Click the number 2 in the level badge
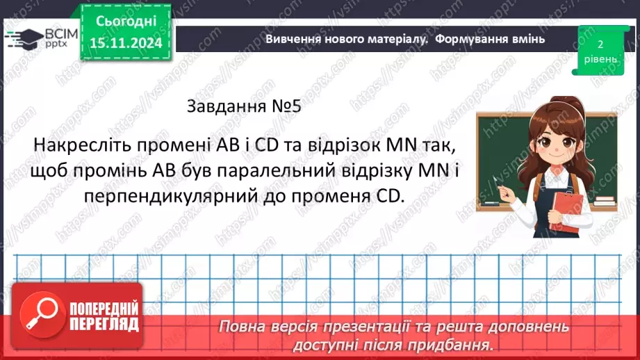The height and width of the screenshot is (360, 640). tap(598, 43)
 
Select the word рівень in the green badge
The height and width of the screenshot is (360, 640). tap(598, 60)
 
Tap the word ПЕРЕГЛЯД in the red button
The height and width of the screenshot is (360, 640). tap(104, 323)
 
